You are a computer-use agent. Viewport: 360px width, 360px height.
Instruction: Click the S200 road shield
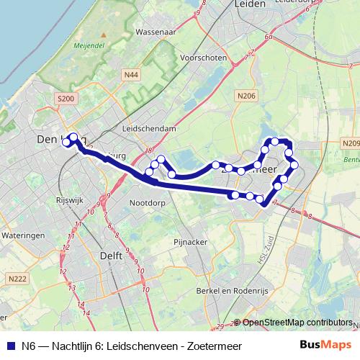pos(66,98)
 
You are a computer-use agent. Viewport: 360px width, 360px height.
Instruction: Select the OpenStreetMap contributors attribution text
pos(296,323)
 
